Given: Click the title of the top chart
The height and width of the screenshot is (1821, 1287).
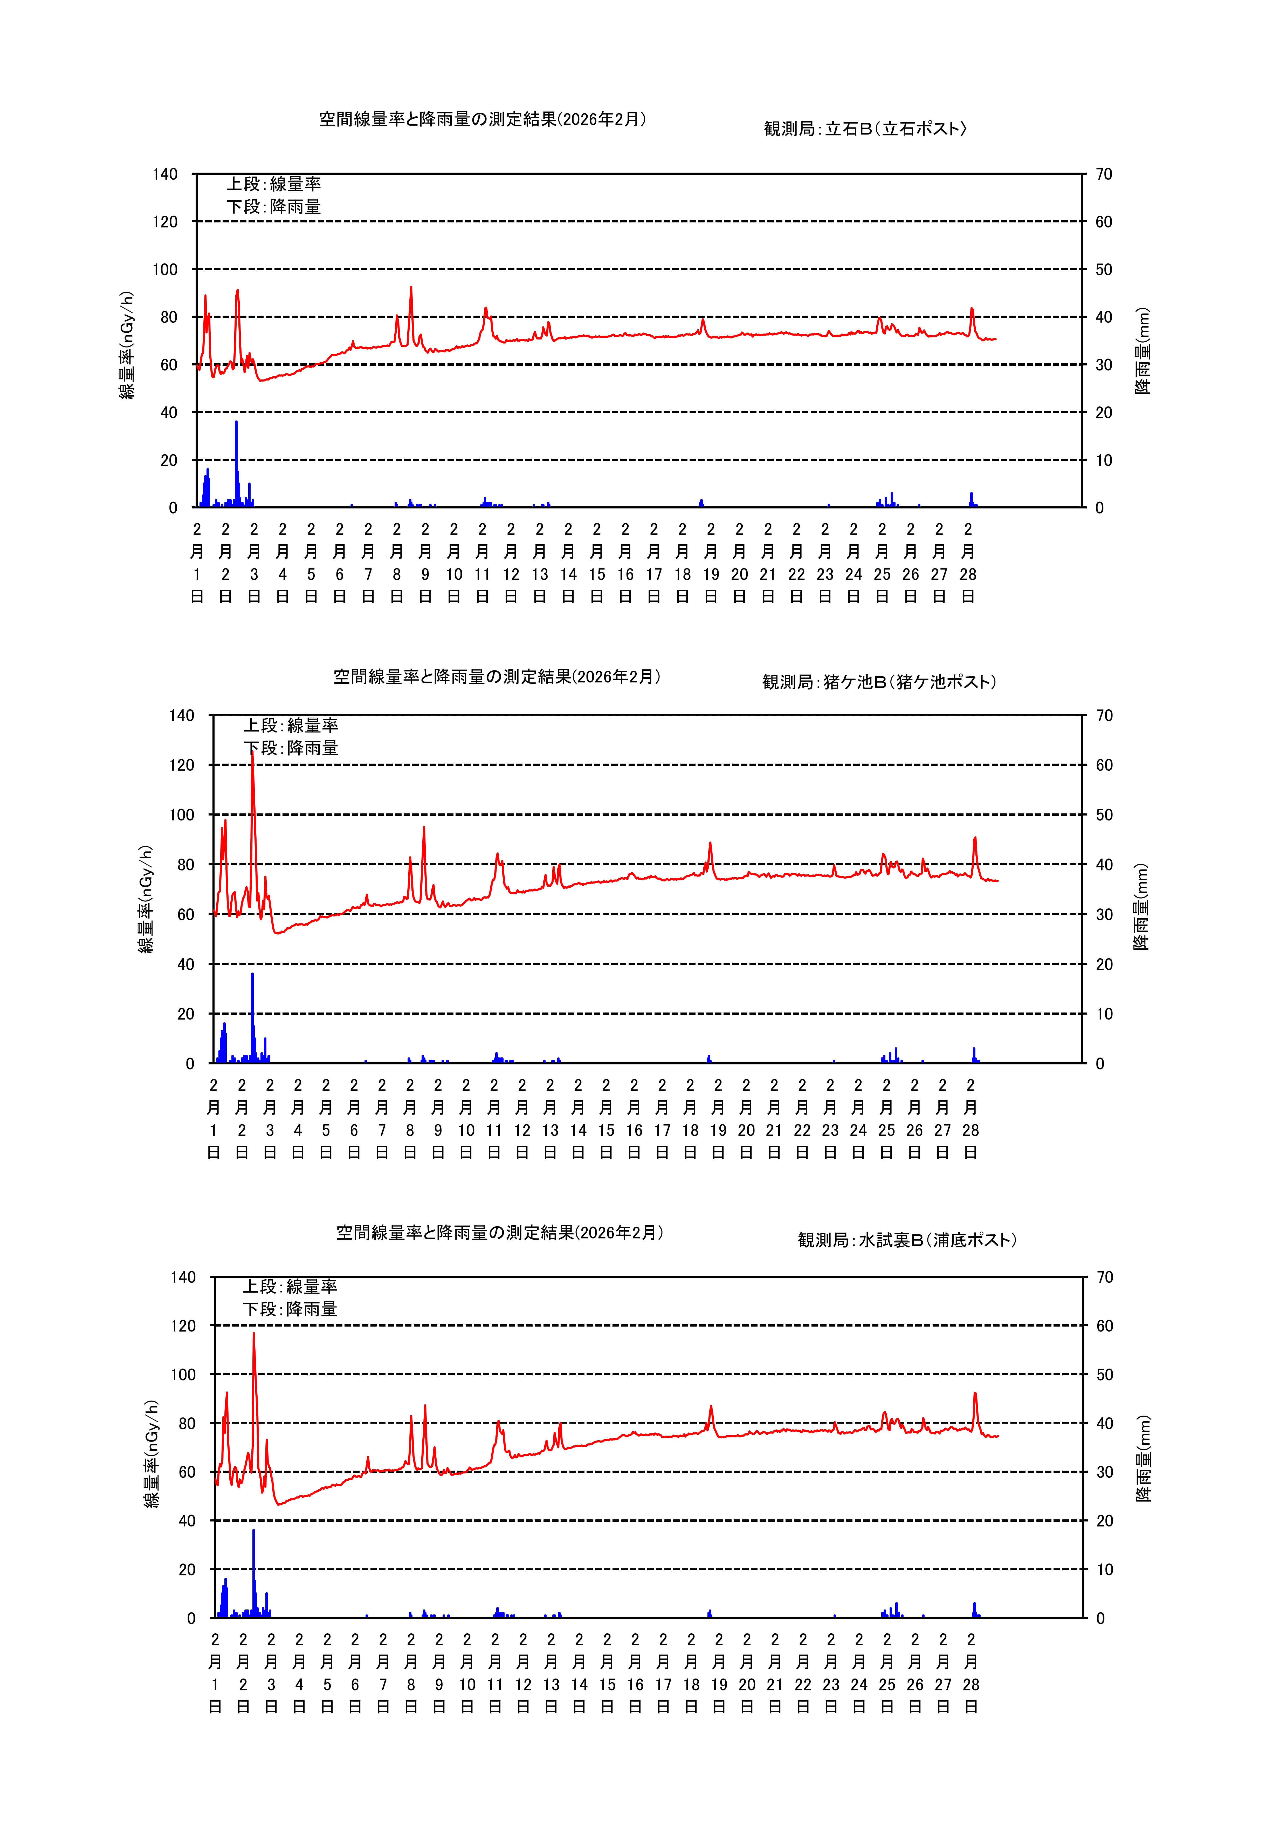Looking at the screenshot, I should pos(482,119).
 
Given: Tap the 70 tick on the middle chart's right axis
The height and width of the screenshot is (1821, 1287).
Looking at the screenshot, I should pos(1104,715).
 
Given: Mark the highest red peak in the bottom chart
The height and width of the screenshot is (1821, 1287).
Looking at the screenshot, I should pos(254,1335).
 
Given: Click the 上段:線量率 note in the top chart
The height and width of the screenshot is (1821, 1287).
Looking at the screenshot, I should pos(274,184).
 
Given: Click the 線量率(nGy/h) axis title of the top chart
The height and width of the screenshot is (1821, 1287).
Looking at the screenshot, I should pos(127,345).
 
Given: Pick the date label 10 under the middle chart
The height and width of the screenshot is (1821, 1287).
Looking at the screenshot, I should pos(466,1130).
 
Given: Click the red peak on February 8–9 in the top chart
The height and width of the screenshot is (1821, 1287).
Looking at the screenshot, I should pos(411,289).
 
